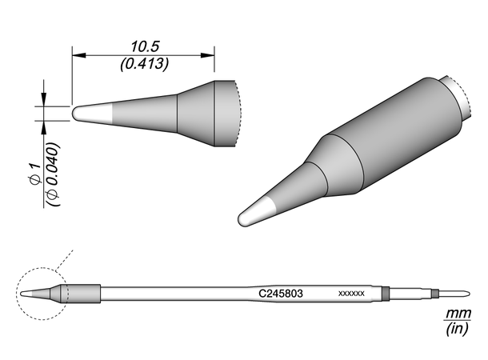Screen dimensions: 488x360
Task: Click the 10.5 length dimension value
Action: point(145,46)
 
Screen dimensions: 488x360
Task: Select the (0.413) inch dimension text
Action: point(145,64)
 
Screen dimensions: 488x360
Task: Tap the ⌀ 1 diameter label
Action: point(35,174)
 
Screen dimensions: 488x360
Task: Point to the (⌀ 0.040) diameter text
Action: point(53,174)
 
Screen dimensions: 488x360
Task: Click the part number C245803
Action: point(281,294)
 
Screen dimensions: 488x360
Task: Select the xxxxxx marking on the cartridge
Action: point(351,294)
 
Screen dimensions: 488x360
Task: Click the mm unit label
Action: point(458,314)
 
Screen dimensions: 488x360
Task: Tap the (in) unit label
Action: point(457,328)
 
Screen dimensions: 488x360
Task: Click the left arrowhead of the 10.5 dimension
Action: point(78,55)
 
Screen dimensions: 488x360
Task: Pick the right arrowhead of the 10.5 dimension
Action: point(207,55)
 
